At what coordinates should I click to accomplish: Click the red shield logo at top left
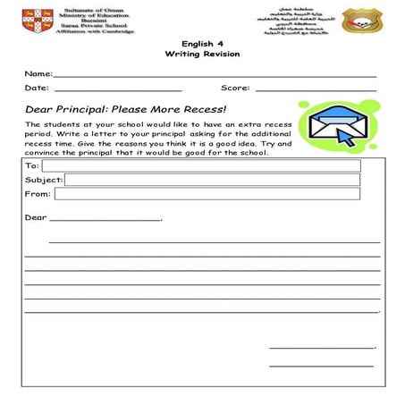coord(38,19)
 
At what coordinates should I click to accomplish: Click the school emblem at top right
coord(361,21)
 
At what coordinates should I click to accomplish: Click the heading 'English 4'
coord(202,43)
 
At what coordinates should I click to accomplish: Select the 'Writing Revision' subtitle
coord(202,55)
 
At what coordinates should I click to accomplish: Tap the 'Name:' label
coord(38,73)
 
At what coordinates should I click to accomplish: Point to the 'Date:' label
coord(37,89)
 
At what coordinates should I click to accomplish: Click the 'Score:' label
coord(235,89)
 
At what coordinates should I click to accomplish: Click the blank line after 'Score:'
coord(316,90)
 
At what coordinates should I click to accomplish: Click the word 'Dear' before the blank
coord(36,217)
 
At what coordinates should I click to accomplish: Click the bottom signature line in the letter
coord(321,366)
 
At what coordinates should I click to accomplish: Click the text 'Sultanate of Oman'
coord(94,8)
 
